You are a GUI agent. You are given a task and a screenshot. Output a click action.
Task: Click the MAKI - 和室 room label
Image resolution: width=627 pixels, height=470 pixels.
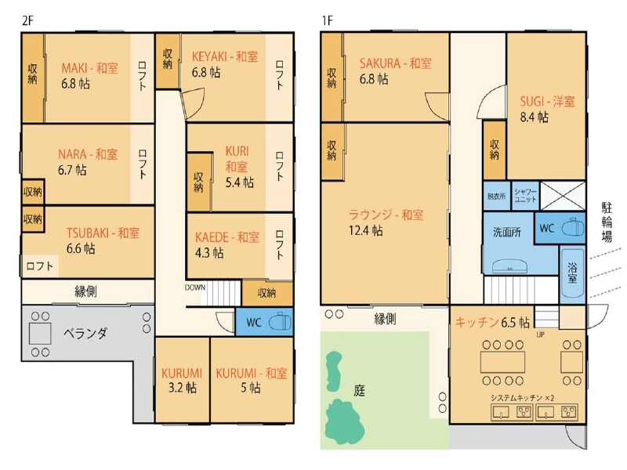[x=90, y=67]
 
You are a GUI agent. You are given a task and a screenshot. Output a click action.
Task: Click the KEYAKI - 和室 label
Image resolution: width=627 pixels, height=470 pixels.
[x=225, y=56]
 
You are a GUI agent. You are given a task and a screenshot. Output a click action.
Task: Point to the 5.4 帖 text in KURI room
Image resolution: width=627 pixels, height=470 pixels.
[x=237, y=182]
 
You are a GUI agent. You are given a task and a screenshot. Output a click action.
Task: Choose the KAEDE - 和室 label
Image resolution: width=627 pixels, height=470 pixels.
[x=227, y=237]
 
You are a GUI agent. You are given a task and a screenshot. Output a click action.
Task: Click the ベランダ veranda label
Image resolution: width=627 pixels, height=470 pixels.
[x=85, y=333]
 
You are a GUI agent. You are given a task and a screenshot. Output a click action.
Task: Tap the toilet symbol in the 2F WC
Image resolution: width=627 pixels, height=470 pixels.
[x=278, y=323]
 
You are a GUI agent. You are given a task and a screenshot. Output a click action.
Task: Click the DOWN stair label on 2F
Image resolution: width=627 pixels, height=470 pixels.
[x=195, y=287]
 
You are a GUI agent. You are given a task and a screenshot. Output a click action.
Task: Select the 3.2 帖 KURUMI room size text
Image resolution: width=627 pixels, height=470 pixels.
[x=181, y=388]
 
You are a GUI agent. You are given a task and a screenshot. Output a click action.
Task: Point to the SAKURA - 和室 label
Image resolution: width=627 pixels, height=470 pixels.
[x=395, y=63]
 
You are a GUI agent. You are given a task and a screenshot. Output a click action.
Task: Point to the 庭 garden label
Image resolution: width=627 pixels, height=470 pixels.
[x=360, y=389]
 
